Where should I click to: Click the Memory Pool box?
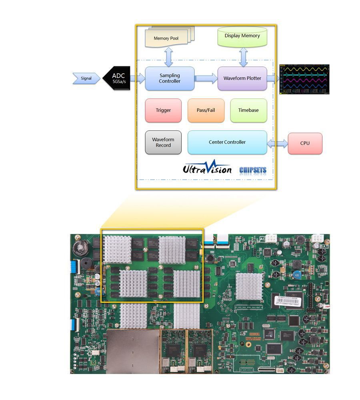click(167, 38)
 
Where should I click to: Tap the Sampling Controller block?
click(170, 78)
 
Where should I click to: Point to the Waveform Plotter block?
click(242, 78)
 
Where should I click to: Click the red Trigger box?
click(163, 110)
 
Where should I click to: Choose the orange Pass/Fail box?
click(206, 110)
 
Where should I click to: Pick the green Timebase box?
click(248, 110)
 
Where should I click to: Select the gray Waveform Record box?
click(163, 142)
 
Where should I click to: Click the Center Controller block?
click(227, 142)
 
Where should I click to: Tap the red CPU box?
click(305, 143)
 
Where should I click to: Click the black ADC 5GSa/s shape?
click(117, 78)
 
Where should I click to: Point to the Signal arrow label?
click(86, 78)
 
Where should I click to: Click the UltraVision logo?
click(207, 168)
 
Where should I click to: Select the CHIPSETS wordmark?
click(252, 170)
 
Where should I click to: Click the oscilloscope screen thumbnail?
click(304, 79)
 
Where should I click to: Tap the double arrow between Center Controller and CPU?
click(277, 143)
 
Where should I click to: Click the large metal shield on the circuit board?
click(133, 352)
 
